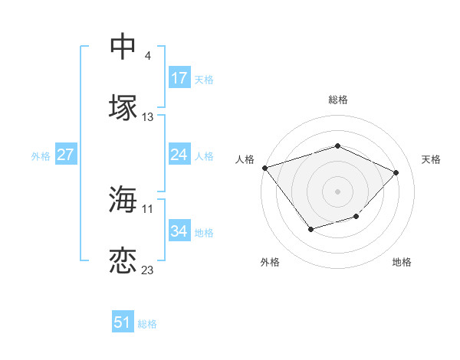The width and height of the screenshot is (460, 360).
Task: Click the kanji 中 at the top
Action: click(x=123, y=47)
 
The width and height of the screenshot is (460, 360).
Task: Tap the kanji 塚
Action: click(x=123, y=107)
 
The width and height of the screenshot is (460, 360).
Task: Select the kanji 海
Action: click(x=123, y=199)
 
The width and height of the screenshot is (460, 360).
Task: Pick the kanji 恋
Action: click(x=123, y=260)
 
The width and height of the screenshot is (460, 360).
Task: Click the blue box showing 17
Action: click(x=179, y=78)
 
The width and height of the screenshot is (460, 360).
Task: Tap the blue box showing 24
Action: click(x=179, y=155)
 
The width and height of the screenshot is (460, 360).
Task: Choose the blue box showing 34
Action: click(x=179, y=231)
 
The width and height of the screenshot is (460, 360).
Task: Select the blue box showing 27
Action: click(x=65, y=155)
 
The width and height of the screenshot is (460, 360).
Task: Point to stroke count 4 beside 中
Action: click(x=147, y=56)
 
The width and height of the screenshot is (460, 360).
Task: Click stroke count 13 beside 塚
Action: click(x=148, y=117)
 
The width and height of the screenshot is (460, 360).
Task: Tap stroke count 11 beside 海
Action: click(x=148, y=208)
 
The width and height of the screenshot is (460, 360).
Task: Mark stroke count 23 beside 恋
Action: click(x=148, y=270)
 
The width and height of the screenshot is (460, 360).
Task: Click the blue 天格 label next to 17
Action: click(x=204, y=79)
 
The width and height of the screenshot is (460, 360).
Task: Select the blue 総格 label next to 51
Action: click(x=147, y=324)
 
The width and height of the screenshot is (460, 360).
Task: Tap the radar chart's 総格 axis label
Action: click(x=337, y=100)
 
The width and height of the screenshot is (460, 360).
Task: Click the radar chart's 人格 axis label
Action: click(x=245, y=159)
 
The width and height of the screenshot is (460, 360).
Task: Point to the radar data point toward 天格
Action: click(x=396, y=172)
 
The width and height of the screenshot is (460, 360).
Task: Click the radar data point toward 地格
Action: click(x=356, y=217)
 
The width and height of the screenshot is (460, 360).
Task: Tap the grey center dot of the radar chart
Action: click(x=337, y=191)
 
